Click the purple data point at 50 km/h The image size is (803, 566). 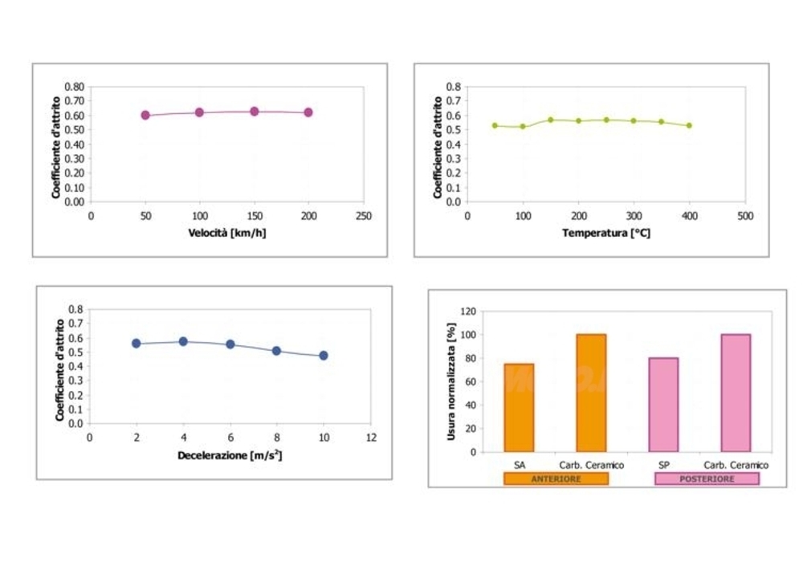(x=145, y=115)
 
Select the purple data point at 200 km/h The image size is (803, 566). (x=308, y=112)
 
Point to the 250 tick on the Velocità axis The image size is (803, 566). (x=364, y=215)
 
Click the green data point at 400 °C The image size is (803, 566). (x=689, y=125)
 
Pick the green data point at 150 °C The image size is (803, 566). (x=551, y=120)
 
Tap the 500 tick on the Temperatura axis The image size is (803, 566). (x=744, y=215)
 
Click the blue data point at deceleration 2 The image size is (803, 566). (x=137, y=344)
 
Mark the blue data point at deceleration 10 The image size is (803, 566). (x=324, y=356)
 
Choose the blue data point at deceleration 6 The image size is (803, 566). (x=230, y=344)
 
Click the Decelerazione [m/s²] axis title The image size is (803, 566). (x=230, y=455)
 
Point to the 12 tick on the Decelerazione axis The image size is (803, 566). (x=370, y=438)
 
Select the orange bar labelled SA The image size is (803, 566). (x=519, y=408)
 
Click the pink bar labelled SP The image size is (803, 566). (x=663, y=405)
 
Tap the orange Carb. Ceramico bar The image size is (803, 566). (x=591, y=393)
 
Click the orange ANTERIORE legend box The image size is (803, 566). (x=556, y=478)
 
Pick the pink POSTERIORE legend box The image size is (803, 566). (x=707, y=478)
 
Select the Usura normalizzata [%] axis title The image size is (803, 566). (x=451, y=381)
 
